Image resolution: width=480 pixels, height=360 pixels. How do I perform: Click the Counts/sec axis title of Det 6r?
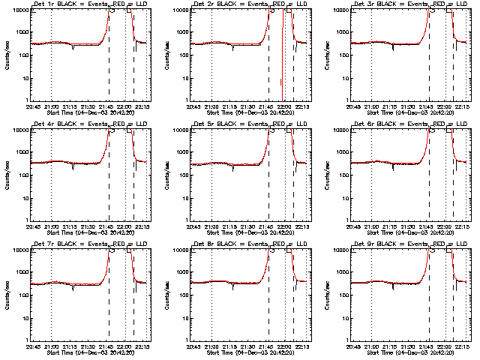click(x=325, y=173)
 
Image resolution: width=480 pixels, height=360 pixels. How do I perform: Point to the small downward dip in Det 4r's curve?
click(x=73, y=167)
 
